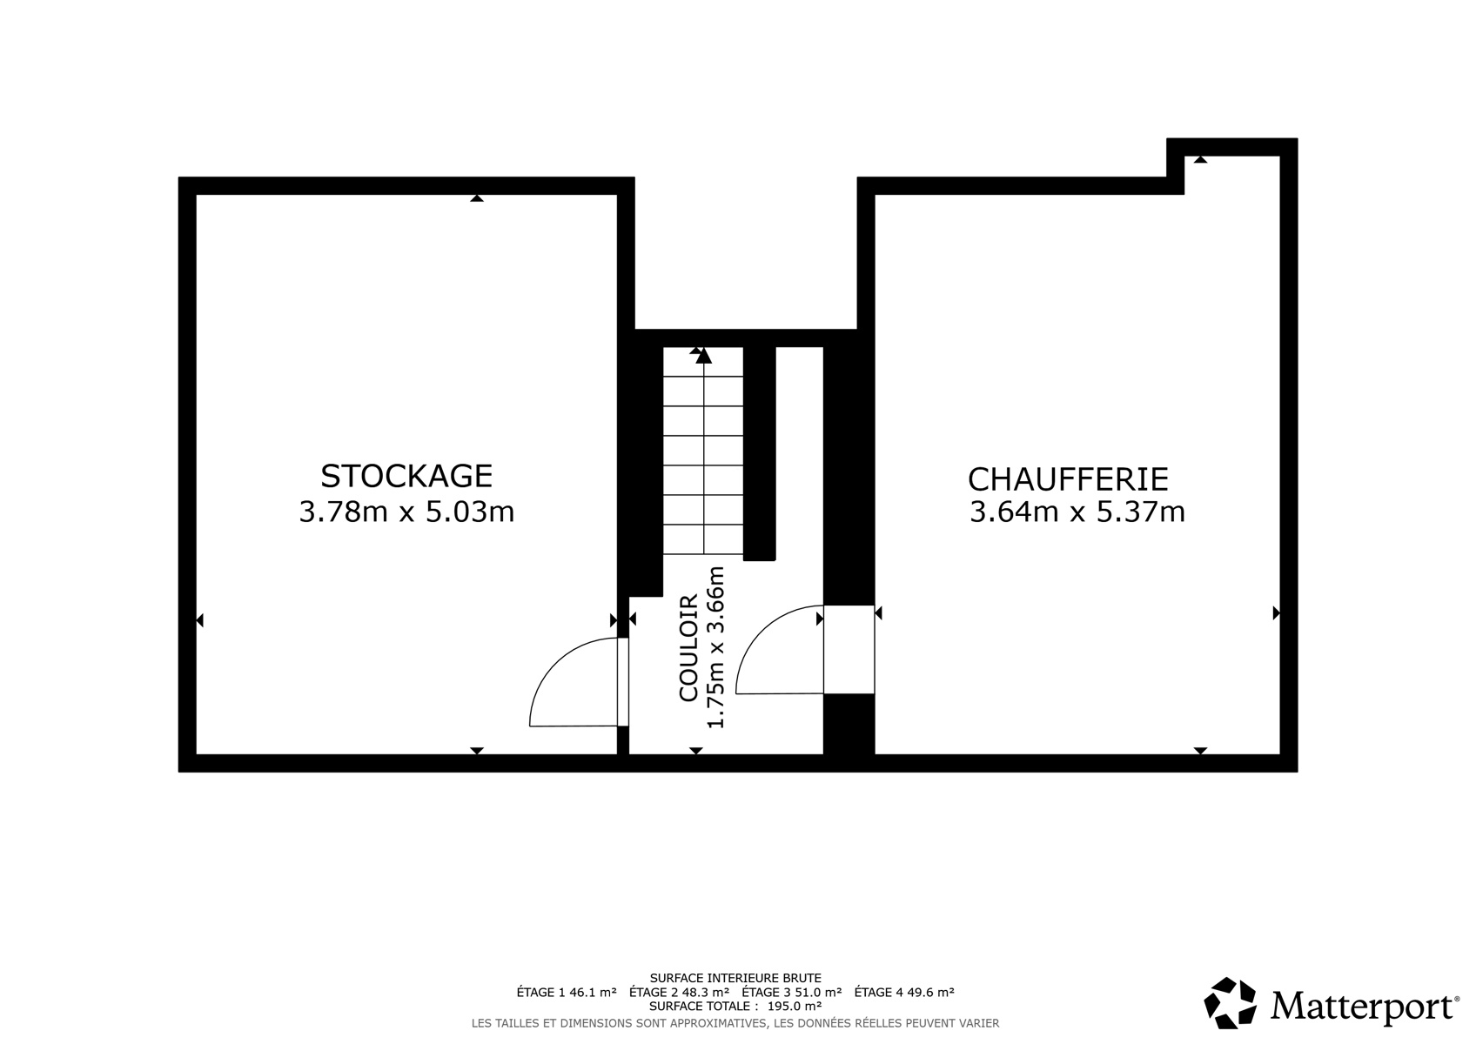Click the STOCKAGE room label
(x=406, y=476)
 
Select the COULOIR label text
(x=688, y=648)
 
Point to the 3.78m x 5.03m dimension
(x=406, y=512)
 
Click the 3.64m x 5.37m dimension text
(x=1077, y=512)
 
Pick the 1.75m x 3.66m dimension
(x=715, y=647)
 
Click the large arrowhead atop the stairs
(x=704, y=356)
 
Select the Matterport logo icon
(x=1231, y=1003)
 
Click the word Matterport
(x=1364, y=1006)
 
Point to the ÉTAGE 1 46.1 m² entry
(x=567, y=992)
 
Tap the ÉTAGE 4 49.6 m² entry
(x=904, y=992)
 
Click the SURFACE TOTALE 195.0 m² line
(x=735, y=1006)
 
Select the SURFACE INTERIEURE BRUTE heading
(x=735, y=978)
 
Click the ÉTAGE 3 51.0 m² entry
(x=791, y=992)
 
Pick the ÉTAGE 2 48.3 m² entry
(x=679, y=992)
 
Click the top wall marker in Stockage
(x=477, y=197)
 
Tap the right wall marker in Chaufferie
(x=1276, y=613)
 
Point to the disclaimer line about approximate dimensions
(x=735, y=1023)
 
